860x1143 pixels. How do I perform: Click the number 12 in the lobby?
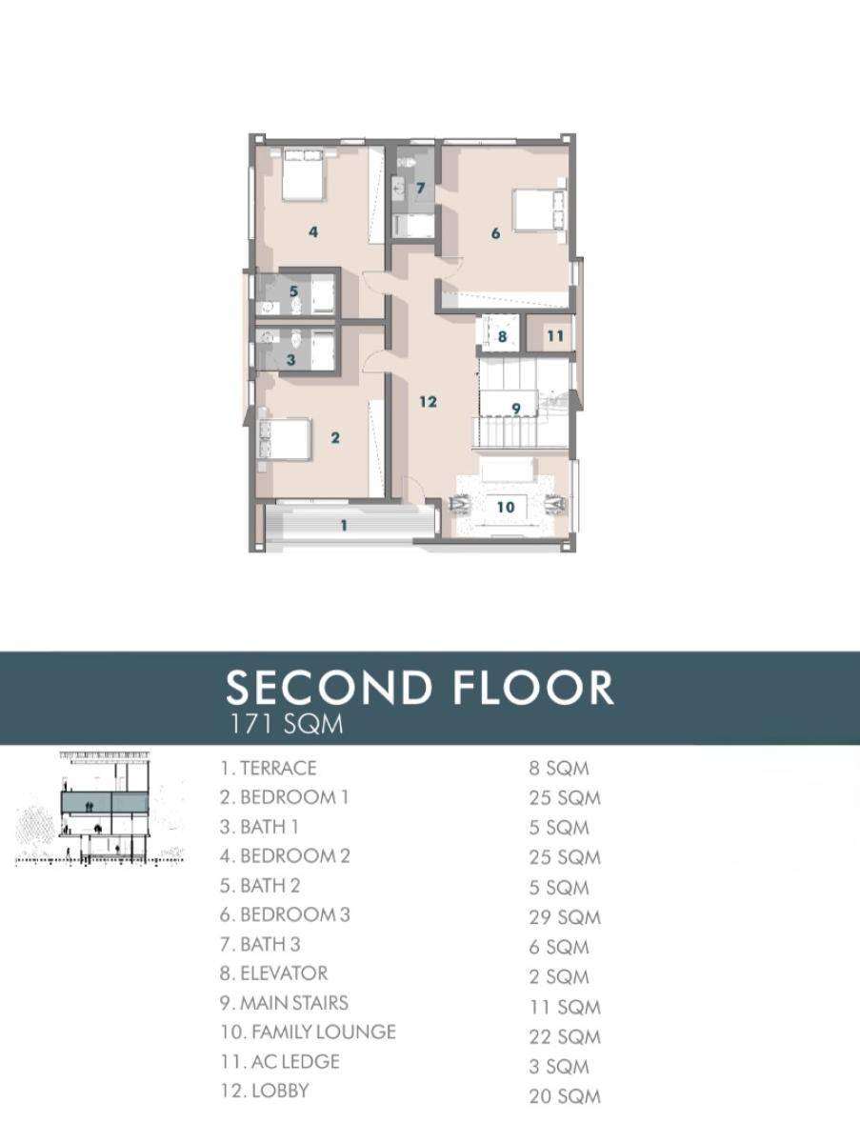[x=429, y=402]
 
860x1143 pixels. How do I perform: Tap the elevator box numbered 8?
[x=502, y=336]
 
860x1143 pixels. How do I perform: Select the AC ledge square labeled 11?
[x=554, y=336]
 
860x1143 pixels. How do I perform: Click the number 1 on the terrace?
[x=344, y=526]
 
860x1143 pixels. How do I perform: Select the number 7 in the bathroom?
[x=419, y=189]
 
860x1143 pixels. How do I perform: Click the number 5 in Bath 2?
[x=294, y=291]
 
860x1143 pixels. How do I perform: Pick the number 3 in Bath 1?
[x=291, y=360]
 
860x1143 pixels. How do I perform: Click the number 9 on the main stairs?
[x=516, y=409]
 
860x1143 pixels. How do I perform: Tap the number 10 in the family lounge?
[x=506, y=507]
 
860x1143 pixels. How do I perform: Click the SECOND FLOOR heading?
[x=419, y=688]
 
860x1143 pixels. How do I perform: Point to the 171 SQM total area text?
[x=286, y=725]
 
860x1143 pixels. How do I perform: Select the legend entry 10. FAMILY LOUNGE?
[x=308, y=1033]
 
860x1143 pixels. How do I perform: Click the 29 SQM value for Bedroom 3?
[x=565, y=917]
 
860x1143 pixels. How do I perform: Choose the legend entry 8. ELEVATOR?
[x=273, y=973]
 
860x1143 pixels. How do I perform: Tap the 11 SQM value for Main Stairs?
[x=565, y=1007]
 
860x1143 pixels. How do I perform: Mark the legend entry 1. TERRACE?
[x=268, y=768]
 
